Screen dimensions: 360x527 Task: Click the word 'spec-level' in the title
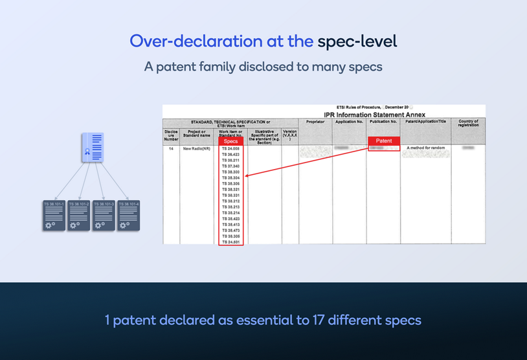357,41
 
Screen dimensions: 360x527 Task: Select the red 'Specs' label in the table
230,141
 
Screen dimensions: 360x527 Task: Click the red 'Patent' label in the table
384,141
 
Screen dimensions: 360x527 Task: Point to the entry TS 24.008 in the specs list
230,148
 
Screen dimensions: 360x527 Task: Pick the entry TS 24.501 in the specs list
230,242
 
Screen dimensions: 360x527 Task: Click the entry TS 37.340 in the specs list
230,166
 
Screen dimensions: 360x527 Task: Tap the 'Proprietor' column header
315,121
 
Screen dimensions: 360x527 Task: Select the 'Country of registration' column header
467,123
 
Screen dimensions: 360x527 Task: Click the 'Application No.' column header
349,121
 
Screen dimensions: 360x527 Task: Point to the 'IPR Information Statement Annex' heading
374,115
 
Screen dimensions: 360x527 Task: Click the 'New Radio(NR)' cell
196,149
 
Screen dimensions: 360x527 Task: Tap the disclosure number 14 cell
171,149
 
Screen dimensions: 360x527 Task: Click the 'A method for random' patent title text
425,148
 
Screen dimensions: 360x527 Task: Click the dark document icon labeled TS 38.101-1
54,216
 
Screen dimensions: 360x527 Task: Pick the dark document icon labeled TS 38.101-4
128,216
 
